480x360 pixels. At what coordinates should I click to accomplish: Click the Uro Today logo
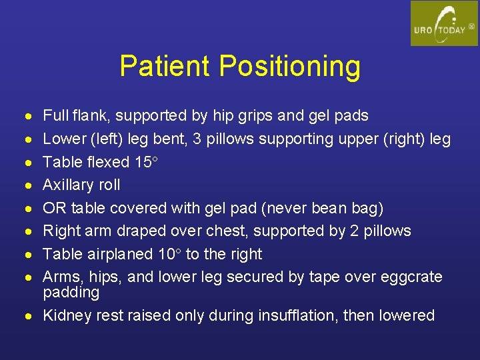coord(444,23)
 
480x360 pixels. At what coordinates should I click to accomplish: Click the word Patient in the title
coord(165,66)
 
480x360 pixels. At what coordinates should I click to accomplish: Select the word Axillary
coord(70,185)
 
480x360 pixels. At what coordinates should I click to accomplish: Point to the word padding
coord(71,293)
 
